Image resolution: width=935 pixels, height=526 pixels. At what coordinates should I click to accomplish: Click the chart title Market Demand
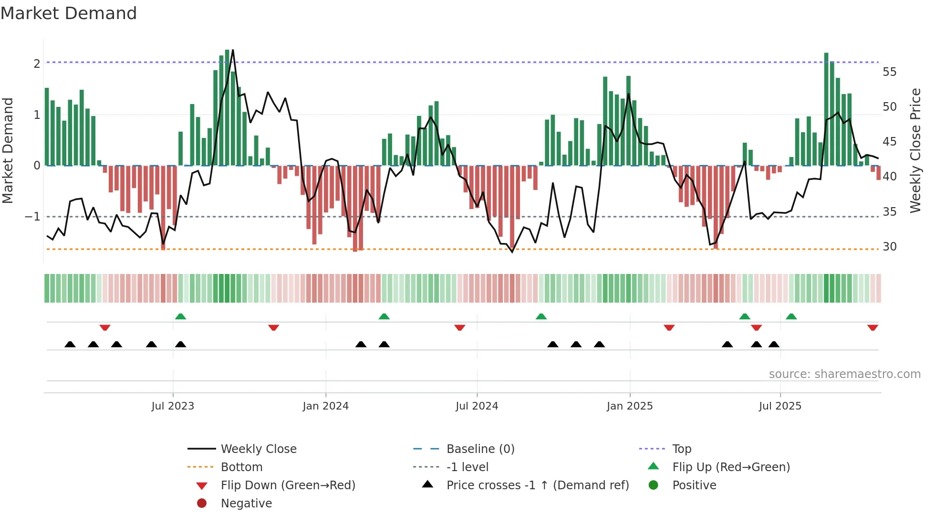tap(69, 13)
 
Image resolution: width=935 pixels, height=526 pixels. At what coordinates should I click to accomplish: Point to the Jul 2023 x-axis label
tap(173, 406)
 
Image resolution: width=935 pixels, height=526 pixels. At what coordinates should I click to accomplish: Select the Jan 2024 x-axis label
tap(325, 406)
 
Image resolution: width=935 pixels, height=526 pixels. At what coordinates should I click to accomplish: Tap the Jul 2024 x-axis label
tap(477, 406)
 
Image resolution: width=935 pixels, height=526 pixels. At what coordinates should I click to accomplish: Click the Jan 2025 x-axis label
tap(630, 406)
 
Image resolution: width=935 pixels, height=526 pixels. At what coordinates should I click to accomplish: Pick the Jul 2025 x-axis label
tap(780, 406)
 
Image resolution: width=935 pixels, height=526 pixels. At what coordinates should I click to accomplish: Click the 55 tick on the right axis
tap(889, 72)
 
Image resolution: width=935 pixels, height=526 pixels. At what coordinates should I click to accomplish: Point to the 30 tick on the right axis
tap(889, 247)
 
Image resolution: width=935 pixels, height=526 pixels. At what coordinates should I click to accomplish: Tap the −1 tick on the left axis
tap(33, 217)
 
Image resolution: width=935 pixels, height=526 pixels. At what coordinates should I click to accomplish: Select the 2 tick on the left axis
tap(37, 63)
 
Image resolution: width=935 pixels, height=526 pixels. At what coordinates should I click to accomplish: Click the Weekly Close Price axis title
tap(915, 150)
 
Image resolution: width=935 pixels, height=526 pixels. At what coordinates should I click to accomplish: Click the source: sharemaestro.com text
tap(844, 374)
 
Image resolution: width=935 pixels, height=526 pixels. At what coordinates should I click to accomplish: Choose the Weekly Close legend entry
tap(258, 449)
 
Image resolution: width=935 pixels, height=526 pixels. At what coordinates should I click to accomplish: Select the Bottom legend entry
tap(241, 467)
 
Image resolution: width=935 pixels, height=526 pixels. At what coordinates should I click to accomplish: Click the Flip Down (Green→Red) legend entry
tap(288, 485)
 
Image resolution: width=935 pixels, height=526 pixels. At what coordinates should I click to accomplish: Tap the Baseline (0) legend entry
tap(480, 449)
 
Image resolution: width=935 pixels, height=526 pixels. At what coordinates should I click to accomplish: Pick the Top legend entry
tap(681, 449)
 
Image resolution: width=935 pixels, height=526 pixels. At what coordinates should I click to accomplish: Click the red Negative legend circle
tap(202, 504)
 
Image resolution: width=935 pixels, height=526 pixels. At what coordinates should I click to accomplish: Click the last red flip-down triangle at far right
tap(873, 327)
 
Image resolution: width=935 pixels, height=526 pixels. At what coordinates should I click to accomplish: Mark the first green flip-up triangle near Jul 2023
tap(180, 316)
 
